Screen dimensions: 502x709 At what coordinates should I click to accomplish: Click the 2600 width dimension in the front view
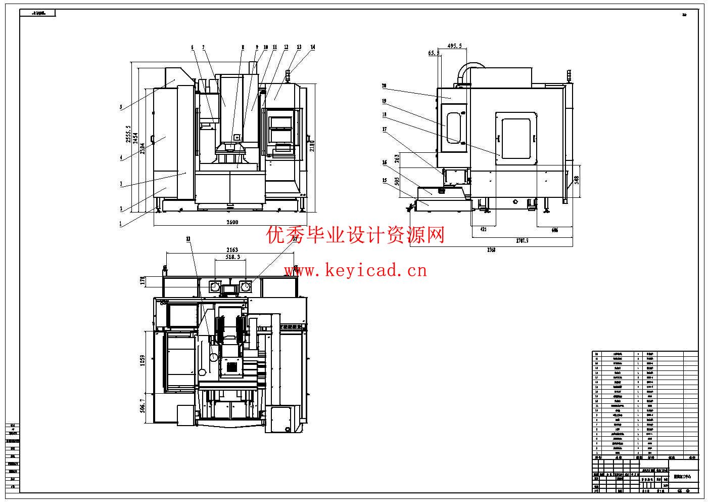[x=232, y=222]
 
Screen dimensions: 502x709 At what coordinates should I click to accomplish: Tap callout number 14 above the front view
[x=313, y=48]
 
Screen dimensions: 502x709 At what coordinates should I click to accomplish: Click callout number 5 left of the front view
[x=121, y=107]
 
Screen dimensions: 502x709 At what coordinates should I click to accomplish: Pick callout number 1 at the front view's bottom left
[x=121, y=224]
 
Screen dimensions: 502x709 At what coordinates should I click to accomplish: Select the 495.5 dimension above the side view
[x=454, y=46]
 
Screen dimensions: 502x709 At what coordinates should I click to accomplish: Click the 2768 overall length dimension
[x=491, y=249]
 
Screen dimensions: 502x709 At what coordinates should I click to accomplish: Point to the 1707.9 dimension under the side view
[x=522, y=240]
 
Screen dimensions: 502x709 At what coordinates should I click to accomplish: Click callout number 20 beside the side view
[x=384, y=86]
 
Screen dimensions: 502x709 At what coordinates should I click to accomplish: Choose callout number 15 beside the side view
[x=384, y=180]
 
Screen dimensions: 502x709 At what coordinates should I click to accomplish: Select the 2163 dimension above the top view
[x=232, y=249]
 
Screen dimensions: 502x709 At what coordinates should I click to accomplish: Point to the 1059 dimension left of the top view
[x=143, y=360]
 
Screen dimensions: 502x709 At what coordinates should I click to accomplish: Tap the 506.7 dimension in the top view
[x=143, y=405]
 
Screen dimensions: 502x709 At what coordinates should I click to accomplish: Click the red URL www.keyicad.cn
[x=355, y=271]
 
